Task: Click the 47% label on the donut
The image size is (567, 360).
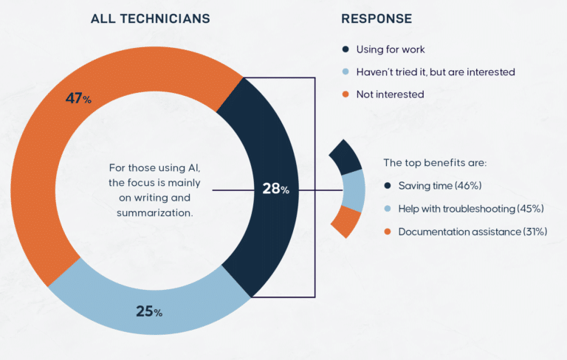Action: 78,99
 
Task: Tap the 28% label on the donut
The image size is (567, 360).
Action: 275,189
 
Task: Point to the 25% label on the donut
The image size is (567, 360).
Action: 149,311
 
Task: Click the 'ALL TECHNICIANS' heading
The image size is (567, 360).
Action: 151,18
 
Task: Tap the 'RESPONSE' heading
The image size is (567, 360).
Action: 377,18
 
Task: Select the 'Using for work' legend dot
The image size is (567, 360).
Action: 346,49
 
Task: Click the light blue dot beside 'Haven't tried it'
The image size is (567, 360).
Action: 346,72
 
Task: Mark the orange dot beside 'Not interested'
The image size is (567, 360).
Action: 346,94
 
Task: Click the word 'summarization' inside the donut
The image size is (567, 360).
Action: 148,213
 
